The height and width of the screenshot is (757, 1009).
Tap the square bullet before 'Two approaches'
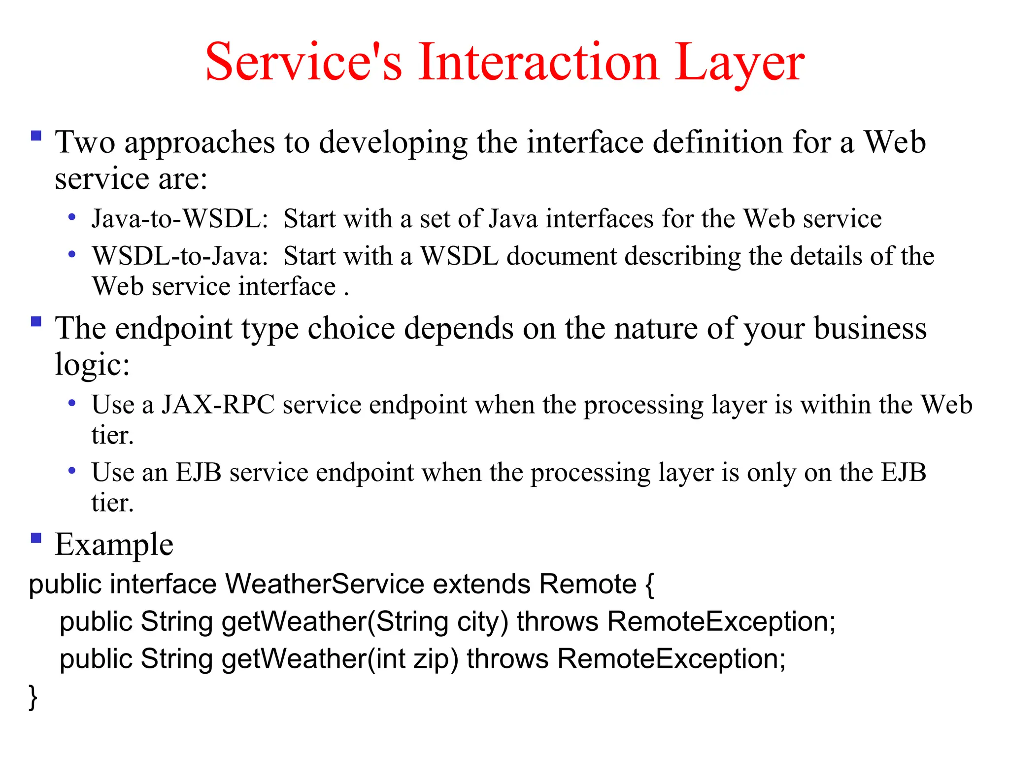click(36, 136)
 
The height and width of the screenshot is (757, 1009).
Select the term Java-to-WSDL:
click(180, 218)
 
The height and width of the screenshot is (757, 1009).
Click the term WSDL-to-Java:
click(180, 256)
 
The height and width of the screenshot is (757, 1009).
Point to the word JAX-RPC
click(218, 405)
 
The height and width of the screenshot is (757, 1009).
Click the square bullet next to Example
click(36, 537)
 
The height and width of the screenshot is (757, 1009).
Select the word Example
click(114, 545)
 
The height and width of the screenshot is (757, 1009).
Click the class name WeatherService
click(325, 584)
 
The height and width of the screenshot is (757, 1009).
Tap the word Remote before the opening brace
click(588, 584)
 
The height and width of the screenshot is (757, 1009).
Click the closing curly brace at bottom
click(33, 697)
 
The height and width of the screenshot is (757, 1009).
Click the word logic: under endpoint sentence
click(92, 365)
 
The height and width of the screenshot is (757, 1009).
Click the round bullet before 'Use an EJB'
click(72, 471)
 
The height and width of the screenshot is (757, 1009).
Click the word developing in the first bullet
click(393, 143)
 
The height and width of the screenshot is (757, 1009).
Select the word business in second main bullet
click(870, 329)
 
